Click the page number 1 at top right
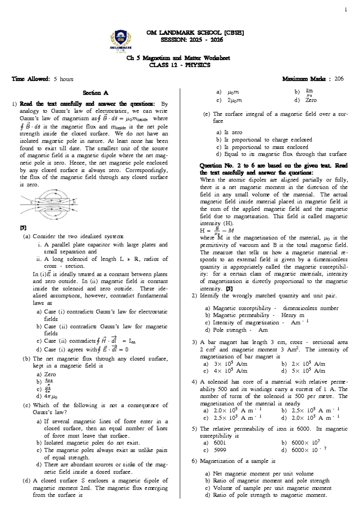click(346, 10)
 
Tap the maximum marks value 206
click(339, 79)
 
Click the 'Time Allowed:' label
click(31, 79)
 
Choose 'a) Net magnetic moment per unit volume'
click(259, 474)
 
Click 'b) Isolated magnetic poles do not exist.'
click(88, 443)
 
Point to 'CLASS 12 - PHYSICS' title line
click(180, 65)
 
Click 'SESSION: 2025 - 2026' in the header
click(192, 40)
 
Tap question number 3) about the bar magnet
click(194, 342)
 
